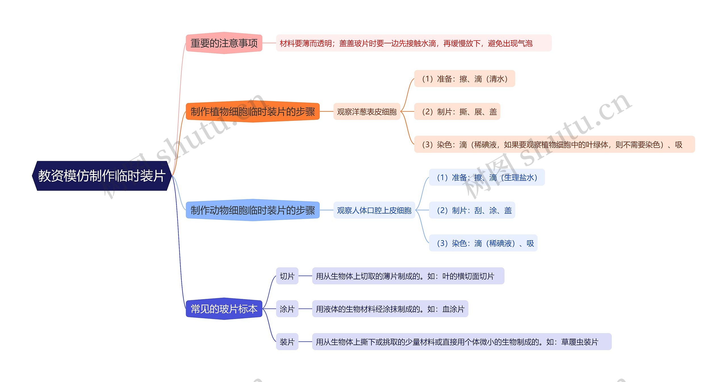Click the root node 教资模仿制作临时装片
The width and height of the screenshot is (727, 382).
[x=102, y=176]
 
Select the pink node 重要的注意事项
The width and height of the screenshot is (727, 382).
[x=224, y=43]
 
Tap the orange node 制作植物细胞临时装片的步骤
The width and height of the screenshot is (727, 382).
[x=252, y=112]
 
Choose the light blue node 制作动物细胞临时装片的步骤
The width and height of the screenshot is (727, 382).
[x=252, y=210]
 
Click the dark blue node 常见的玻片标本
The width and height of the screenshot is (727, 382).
[x=224, y=309]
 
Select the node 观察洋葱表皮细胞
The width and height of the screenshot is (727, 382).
[x=367, y=112]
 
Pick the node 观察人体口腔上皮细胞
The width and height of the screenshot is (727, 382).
[x=374, y=210]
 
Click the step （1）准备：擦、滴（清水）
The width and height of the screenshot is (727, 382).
[x=464, y=79]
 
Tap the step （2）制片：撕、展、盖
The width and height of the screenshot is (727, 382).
[x=457, y=112]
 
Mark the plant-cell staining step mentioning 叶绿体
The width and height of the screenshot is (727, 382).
[x=554, y=145]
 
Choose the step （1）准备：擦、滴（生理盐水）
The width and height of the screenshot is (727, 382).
[x=487, y=177]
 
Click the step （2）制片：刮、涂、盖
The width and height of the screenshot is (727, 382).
[x=472, y=210]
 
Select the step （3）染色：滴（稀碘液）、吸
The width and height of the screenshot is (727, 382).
[x=483, y=243]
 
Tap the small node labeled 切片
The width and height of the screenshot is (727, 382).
[x=287, y=276]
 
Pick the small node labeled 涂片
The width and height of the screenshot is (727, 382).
[x=287, y=309]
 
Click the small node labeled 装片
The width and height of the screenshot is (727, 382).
[x=287, y=342]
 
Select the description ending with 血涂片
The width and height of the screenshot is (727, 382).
[x=390, y=309]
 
